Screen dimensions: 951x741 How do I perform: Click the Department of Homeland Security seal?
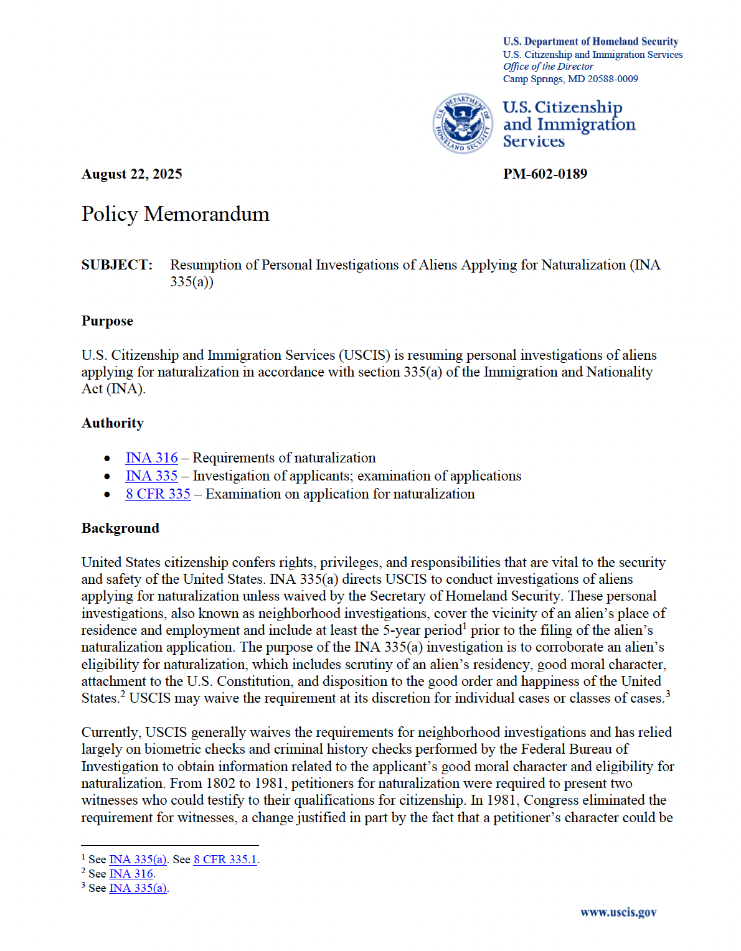click(x=463, y=123)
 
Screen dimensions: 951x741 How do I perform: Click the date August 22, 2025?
click(x=131, y=174)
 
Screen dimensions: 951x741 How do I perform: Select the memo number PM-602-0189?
click(x=545, y=174)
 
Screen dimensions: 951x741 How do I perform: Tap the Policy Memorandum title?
click(x=175, y=214)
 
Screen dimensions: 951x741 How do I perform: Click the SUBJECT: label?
click(x=116, y=265)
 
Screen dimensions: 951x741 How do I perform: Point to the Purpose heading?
click(x=107, y=321)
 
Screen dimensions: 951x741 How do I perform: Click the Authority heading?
click(x=112, y=423)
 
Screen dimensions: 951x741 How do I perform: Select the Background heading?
click(x=120, y=528)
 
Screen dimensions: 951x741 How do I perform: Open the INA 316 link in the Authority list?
click(x=151, y=458)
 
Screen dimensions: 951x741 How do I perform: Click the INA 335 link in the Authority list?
click(x=151, y=476)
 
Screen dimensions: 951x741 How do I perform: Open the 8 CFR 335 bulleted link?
click(x=158, y=494)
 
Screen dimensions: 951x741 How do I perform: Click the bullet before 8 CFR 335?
click(x=108, y=495)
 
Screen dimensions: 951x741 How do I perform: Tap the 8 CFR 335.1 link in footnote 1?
click(x=225, y=860)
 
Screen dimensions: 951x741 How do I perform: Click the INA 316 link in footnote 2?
click(x=131, y=874)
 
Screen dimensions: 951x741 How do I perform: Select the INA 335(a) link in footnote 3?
click(x=138, y=888)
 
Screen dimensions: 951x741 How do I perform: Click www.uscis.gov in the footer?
click(x=618, y=912)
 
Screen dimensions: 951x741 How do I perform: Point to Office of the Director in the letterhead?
click(x=548, y=67)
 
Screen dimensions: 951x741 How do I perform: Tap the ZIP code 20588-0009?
click(x=613, y=79)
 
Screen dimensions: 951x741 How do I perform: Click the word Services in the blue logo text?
click(x=534, y=142)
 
